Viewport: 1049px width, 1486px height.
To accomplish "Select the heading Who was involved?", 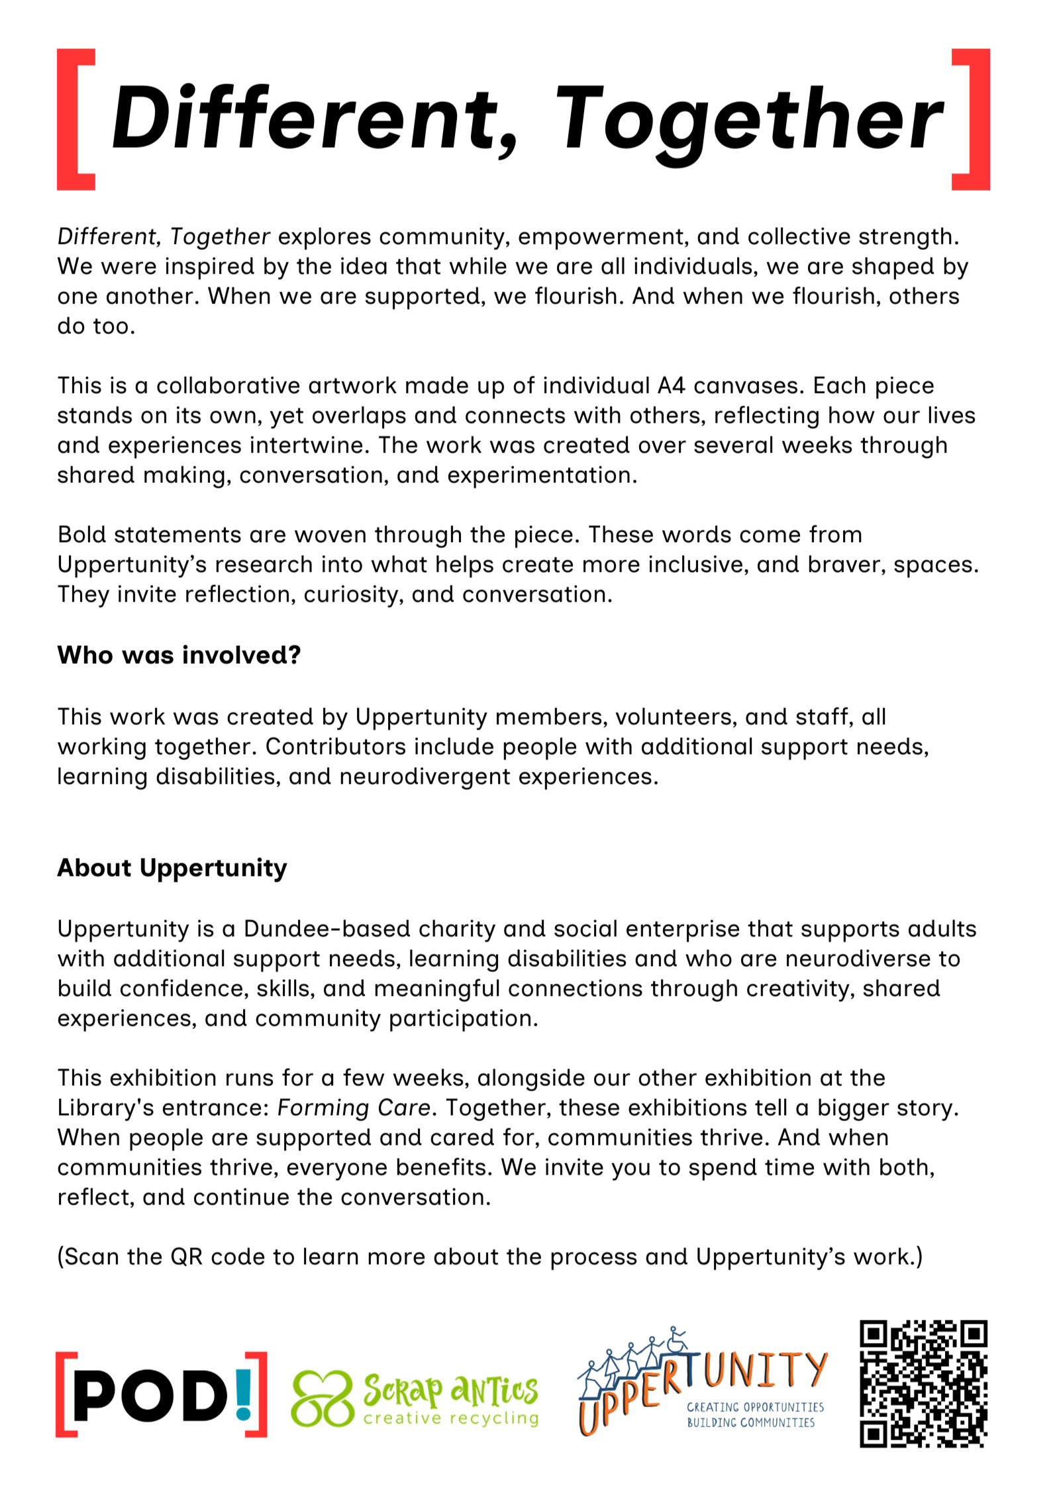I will tap(179, 655).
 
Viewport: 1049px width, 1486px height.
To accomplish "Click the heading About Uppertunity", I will tap(172, 868).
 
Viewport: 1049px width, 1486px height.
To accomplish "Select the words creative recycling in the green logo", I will tap(450, 1418).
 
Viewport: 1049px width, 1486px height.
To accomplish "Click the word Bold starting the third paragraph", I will tap(81, 535).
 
